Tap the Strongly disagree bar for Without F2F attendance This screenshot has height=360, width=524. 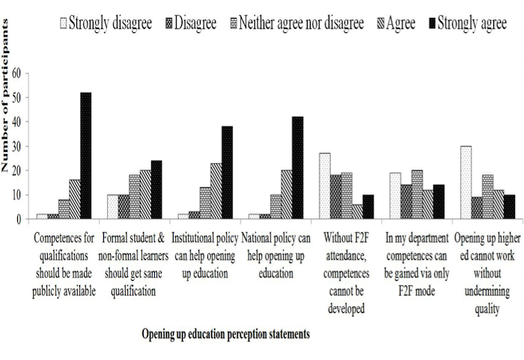(325, 186)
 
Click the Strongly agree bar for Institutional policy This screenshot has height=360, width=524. (227, 173)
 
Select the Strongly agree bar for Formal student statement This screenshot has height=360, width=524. (156, 190)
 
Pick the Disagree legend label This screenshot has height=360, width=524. (195, 22)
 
